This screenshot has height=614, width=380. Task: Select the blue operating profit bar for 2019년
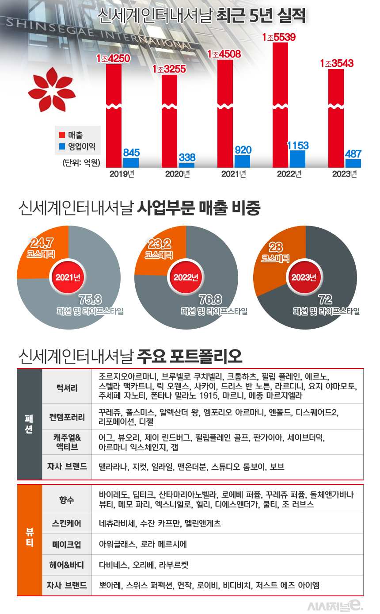(131, 162)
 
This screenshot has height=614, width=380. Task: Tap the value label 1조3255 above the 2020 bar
(169, 69)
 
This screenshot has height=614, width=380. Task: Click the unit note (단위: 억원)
(81, 162)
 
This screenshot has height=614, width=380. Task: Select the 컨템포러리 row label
(67, 417)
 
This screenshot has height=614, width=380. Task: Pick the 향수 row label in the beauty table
(67, 499)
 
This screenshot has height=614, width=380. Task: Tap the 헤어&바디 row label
(67, 565)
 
